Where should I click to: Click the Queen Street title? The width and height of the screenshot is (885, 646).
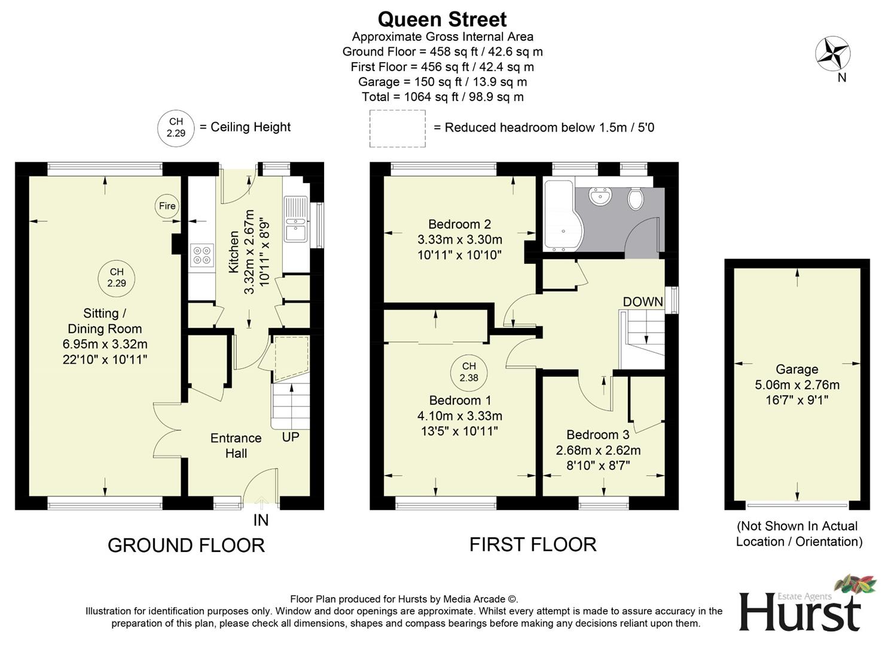pos(442,19)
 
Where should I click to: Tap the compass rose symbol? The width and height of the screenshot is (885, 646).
pos(833,53)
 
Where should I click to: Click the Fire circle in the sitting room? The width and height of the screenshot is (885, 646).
pos(167,206)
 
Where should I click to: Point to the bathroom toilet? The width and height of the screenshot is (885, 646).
pos(636,199)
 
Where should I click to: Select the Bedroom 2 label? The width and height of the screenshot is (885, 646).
pos(459,224)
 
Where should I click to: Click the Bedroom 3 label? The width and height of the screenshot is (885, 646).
pos(597,435)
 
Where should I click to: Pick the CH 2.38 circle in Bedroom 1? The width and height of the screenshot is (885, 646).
pos(469,372)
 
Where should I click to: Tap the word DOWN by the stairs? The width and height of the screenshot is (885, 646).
pos(643,302)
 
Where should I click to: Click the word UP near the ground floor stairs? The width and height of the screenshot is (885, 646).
pos(291,437)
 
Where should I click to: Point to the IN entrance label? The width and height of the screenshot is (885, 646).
pos(261,520)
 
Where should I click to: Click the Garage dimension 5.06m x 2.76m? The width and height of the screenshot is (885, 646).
pos(797,385)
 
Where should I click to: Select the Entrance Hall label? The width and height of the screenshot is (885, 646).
pos(236,446)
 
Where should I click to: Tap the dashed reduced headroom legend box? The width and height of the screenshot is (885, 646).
pos(397,128)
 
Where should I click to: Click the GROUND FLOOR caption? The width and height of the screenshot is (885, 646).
pos(186,545)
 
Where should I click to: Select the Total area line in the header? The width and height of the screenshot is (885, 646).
pos(442,97)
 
